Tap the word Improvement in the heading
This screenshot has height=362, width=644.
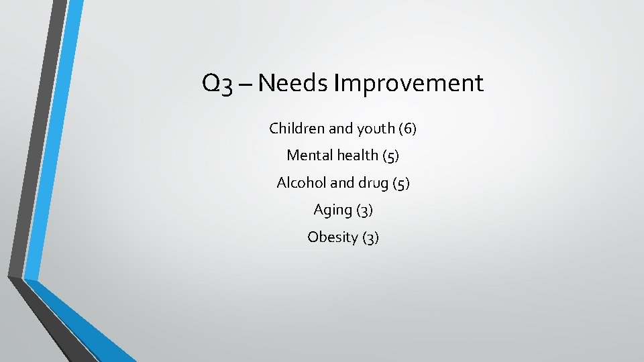point(409,83)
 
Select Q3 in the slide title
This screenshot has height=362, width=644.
point(218,84)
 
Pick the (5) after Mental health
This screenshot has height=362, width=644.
point(390,156)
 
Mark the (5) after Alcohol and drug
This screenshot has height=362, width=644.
point(400,183)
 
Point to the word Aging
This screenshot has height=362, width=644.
point(333,210)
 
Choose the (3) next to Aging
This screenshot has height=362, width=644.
point(364,210)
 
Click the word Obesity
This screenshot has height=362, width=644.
point(333,237)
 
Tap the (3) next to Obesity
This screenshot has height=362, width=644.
point(370,237)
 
